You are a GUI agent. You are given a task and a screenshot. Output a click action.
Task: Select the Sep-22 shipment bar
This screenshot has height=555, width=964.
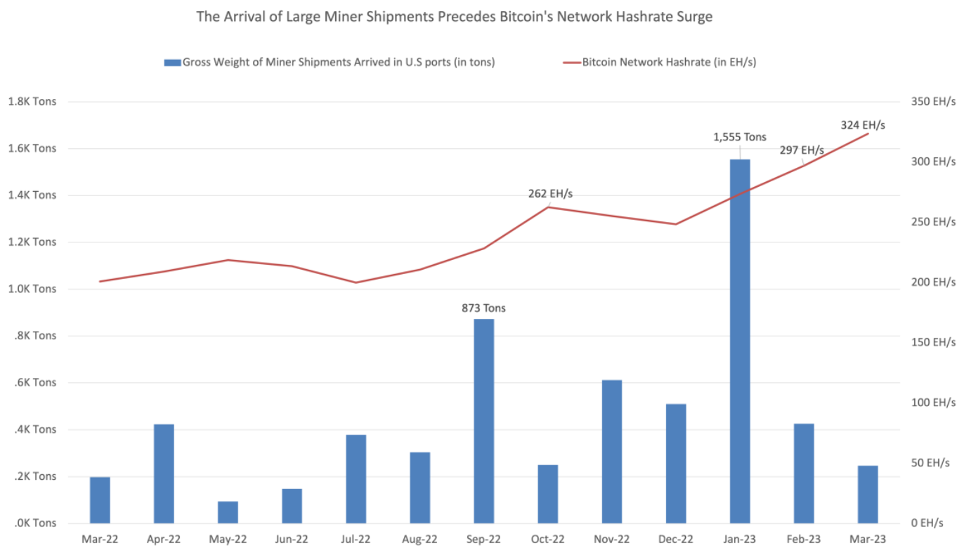pyautogui.click(x=483, y=421)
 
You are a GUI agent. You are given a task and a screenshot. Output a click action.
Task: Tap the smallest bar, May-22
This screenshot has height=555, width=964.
pyautogui.click(x=228, y=512)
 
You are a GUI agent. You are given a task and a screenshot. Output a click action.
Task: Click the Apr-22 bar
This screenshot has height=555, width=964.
pyautogui.click(x=164, y=474)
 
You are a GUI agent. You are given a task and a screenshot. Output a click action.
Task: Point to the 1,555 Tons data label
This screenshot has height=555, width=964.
pyautogui.click(x=740, y=137)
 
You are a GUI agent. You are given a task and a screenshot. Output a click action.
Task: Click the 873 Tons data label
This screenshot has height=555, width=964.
pyautogui.click(x=483, y=308)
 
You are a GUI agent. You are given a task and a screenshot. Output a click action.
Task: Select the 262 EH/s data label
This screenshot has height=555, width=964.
pyautogui.click(x=550, y=194)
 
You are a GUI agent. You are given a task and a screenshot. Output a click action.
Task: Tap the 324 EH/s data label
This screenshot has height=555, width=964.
pyautogui.click(x=863, y=125)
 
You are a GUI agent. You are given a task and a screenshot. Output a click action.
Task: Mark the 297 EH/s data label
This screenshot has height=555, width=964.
pyautogui.click(x=801, y=150)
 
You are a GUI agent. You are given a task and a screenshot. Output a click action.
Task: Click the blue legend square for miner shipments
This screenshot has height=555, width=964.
pyautogui.click(x=172, y=63)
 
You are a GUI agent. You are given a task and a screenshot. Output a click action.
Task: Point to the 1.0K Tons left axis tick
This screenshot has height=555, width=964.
pyautogui.click(x=31, y=289)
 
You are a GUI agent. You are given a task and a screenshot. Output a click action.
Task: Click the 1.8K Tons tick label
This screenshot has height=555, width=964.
pyautogui.click(x=31, y=101)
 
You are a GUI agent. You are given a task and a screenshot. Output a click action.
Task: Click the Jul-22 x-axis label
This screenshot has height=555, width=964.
pyautogui.click(x=356, y=539)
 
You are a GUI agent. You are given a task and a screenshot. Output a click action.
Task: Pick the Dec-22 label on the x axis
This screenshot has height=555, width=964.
pyautogui.click(x=676, y=539)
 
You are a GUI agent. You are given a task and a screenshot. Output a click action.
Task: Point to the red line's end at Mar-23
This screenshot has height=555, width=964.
pyautogui.click(x=868, y=133)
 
